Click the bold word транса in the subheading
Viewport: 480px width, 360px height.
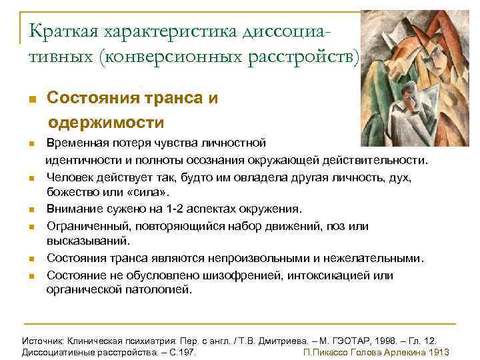pyautogui.click(x=175, y=99)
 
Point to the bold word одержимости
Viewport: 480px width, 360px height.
pyautogui.click(x=106, y=123)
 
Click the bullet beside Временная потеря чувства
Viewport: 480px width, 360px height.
pyautogui.click(x=31, y=144)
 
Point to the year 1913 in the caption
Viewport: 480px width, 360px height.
pyautogui.click(x=438, y=352)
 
